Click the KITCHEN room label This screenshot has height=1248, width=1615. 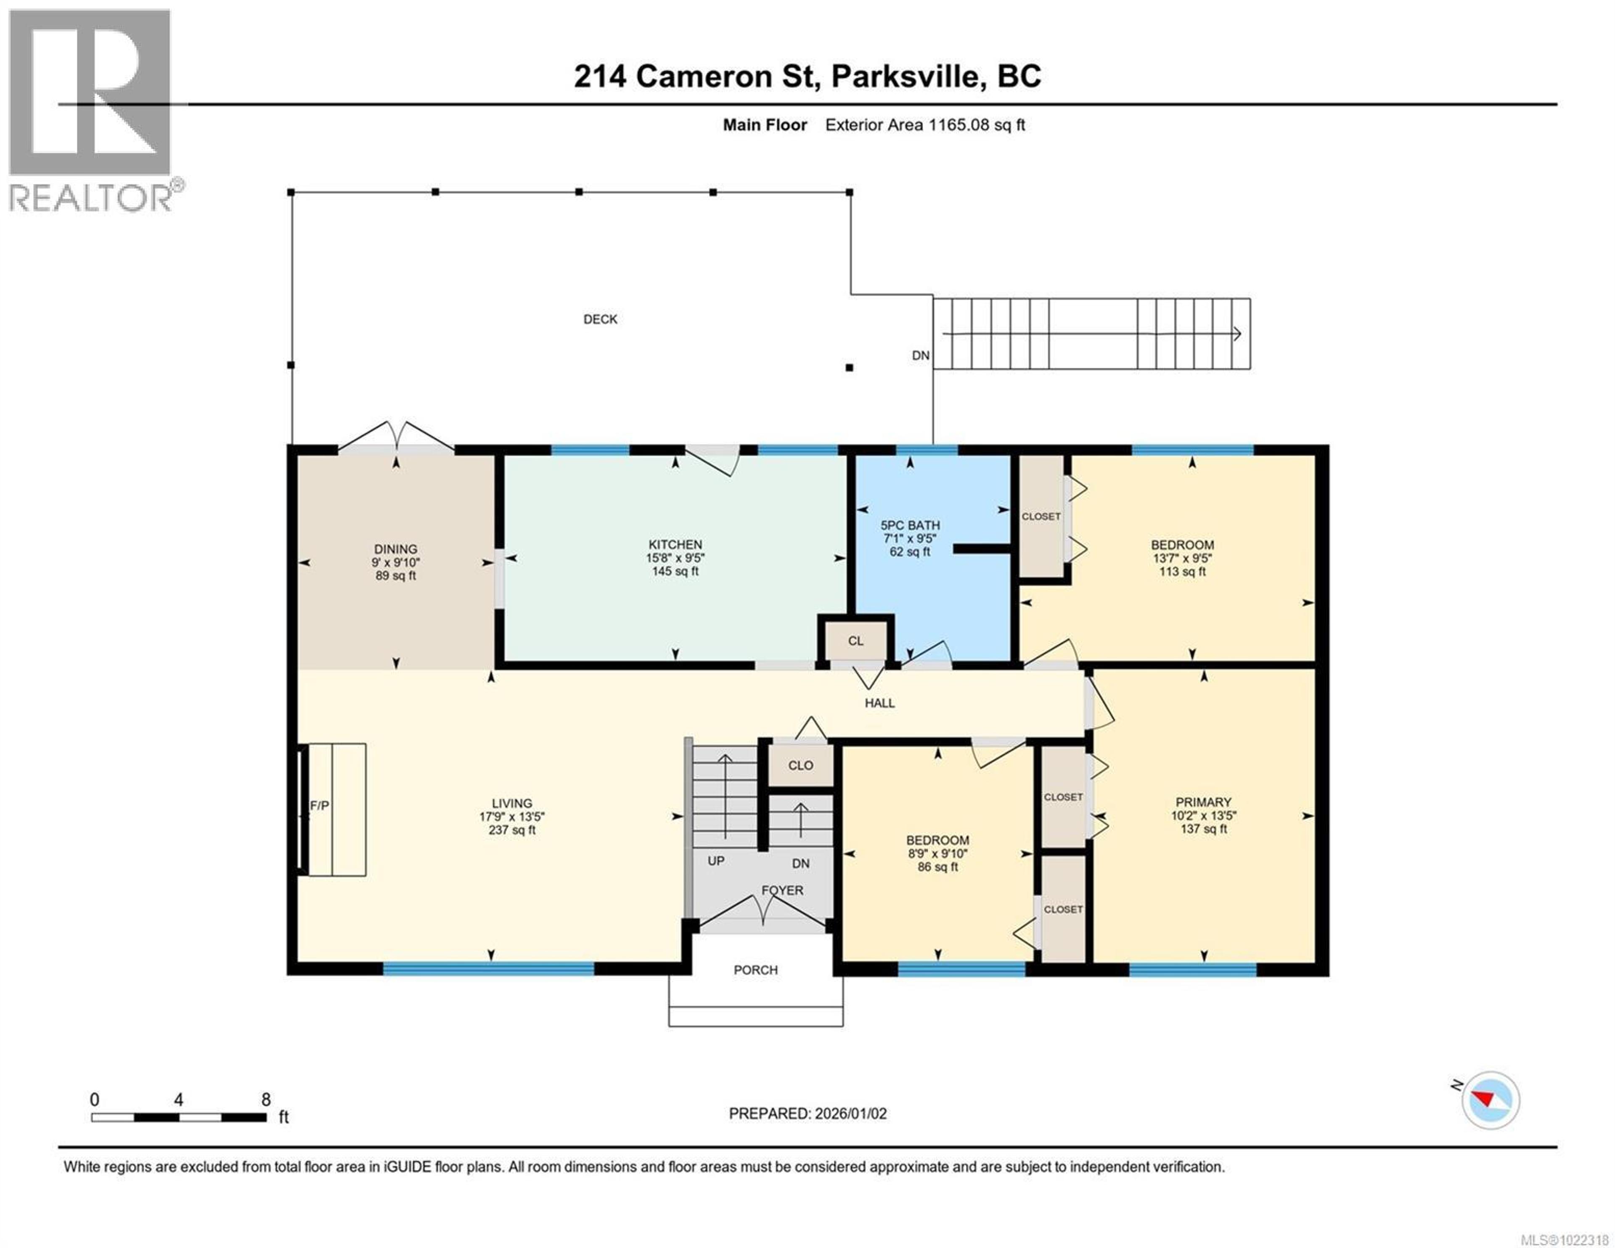pos(675,544)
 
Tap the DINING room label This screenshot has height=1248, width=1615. pos(396,549)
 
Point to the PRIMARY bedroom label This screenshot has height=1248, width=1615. pos(1203,802)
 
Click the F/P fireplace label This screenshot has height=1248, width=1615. pos(320,806)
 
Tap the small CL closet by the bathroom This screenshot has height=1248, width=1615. pos(855,641)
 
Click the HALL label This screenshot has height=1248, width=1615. pos(879,703)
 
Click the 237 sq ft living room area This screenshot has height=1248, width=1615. pos(512,830)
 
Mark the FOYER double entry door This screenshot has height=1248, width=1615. pos(762,911)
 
